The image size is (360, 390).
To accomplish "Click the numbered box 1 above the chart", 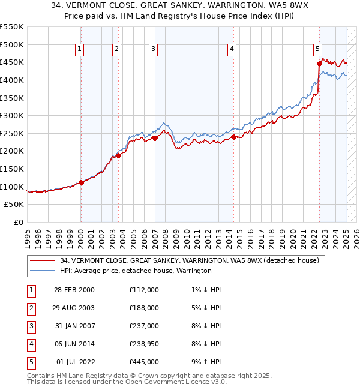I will coord(80,50).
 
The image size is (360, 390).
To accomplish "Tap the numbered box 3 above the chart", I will coord(154,50).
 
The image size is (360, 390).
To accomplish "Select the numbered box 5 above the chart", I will coord(317,50).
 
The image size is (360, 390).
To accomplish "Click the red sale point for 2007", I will coord(155,138).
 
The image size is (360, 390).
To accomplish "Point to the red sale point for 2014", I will coord(233,137).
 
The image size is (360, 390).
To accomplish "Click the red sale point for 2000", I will coord(81,182).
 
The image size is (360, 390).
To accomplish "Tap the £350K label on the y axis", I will coord(12,98).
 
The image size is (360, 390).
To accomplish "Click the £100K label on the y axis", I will coord(12,187).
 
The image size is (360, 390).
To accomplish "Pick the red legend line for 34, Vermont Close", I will coord(42,261).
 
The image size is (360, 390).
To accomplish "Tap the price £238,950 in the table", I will coord(143,344).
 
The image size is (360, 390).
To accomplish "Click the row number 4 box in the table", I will coord(30,344).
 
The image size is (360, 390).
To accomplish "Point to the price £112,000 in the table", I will coord(143,290).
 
